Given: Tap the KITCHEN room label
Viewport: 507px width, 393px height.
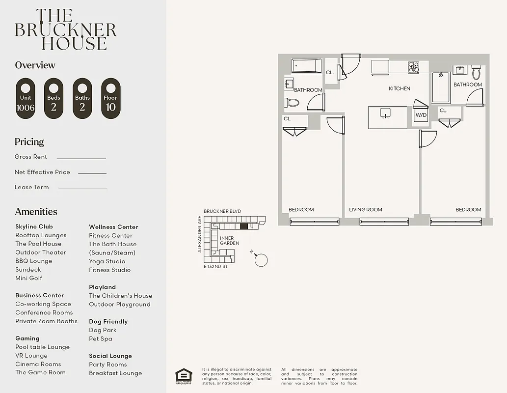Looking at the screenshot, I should [400, 88].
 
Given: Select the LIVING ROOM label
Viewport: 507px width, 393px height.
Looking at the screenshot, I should [365, 210].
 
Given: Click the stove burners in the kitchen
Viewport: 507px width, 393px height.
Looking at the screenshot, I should [414, 67].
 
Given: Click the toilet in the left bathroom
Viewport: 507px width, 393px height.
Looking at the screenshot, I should [293, 103].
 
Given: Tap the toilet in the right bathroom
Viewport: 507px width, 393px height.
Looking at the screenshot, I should [476, 73].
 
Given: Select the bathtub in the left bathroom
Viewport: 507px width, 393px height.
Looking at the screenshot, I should [307, 66].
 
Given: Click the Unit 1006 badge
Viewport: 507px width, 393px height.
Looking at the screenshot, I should [26, 98].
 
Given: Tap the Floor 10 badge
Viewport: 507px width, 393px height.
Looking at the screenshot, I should [110, 98].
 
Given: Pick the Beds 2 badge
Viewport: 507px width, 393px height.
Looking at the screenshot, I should [53, 98].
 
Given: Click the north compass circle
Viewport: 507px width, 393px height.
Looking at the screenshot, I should [261, 260].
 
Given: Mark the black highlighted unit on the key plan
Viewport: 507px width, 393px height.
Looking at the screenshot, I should [244, 226].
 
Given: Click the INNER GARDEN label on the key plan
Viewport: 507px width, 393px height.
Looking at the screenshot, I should [229, 241].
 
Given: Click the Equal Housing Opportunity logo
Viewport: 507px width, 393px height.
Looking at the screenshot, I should [184, 376].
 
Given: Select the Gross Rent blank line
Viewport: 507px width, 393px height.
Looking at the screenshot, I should [81, 158].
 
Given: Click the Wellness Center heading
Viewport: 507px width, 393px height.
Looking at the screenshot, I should [113, 227].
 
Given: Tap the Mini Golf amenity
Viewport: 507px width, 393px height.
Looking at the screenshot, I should [28, 278].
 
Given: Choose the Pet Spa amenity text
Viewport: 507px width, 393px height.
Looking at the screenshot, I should [101, 338].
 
